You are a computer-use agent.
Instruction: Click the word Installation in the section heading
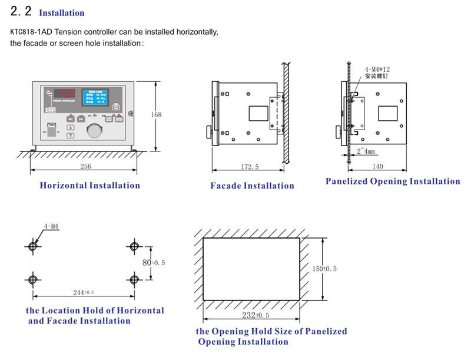[x=61, y=13]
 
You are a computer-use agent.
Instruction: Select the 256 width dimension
[x=85, y=167]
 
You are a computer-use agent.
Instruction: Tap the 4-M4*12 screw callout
[x=377, y=69]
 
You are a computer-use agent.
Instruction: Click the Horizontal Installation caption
[x=89, y=186]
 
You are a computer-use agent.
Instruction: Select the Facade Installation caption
[x=252, y=186]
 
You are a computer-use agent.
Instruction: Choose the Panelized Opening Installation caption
[x=393, y=181]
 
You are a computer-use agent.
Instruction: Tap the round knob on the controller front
[x=93, y=130]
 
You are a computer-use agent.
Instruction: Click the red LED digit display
[x=63, y=93]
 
